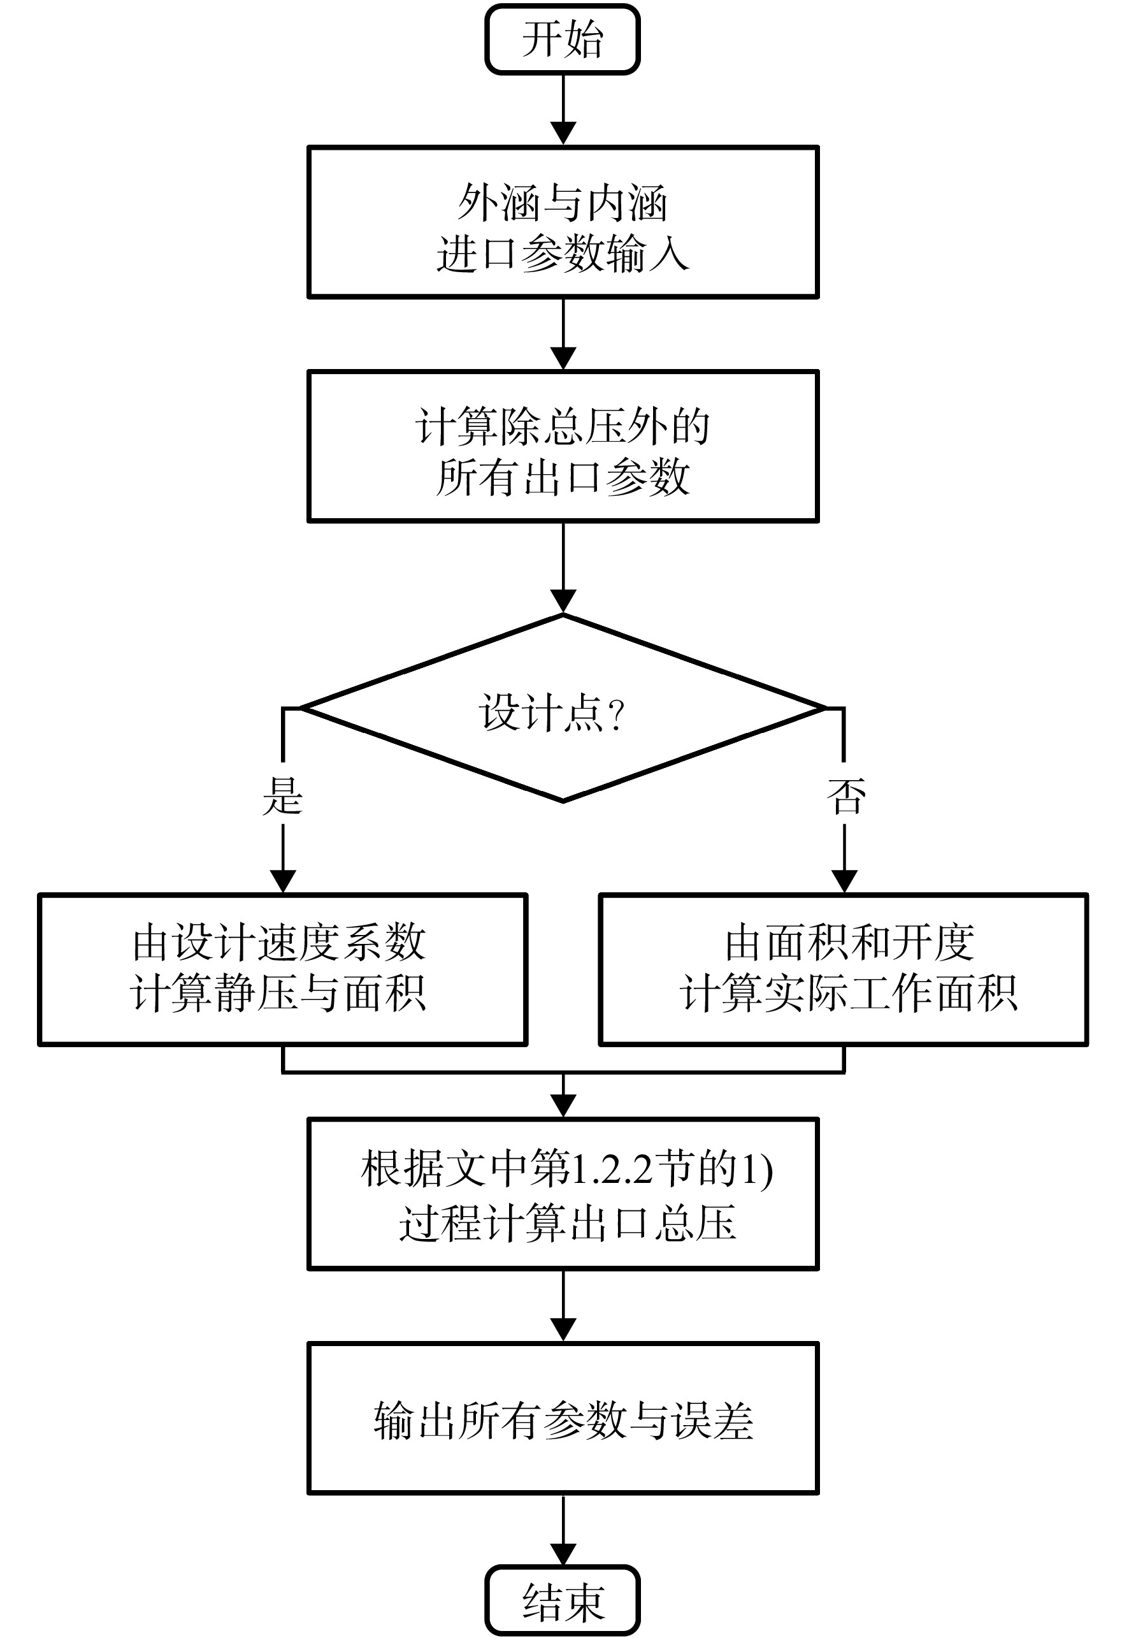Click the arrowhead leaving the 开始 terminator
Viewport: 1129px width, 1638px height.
point(563,133)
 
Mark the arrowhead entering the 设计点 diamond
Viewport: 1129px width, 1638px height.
point(563,602)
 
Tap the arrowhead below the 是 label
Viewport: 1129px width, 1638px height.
point(283,881)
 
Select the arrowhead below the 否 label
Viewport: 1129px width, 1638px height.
point(845,881)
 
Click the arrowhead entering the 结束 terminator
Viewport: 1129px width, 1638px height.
point(563,1554)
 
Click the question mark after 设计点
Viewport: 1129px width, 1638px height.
point(616,714)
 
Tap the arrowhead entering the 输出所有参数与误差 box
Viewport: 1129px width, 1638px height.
point(563,1330)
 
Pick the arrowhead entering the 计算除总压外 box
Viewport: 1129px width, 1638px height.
point(563,358)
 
